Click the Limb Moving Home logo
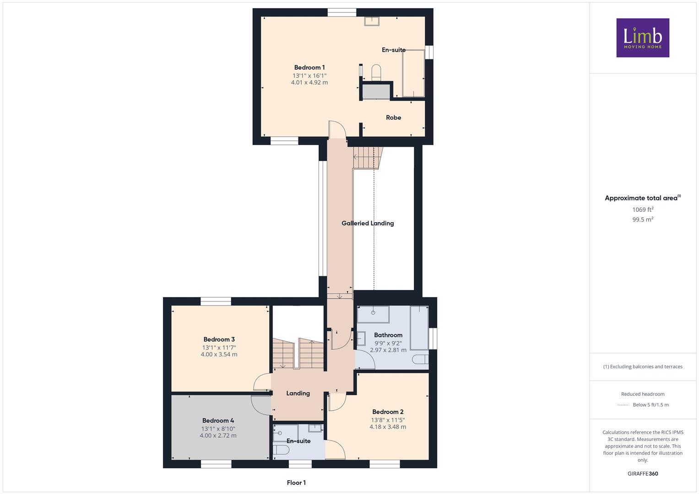tap(642, 38)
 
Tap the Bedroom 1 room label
tap(309, 68)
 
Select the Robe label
tap(393, 118)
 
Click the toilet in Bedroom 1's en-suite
tap(376, 72)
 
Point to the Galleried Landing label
tap(368, 223)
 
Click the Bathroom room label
tap(388, 335)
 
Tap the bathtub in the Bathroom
tap(419, 328)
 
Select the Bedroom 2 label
tap(388, 412)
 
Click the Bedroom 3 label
tap(219, 339)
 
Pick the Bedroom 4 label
tap(218, 420)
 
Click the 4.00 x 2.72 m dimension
tap(218, 435)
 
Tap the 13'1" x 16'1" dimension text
tap(309, 75)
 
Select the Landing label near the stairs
tap(298, 393)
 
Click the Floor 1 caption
tap(296, 483)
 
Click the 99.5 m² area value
tap(643, 220)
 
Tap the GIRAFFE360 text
tap(643, 473)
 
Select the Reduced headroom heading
tap(643, 394)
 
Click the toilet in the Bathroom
tap(419, 359)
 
